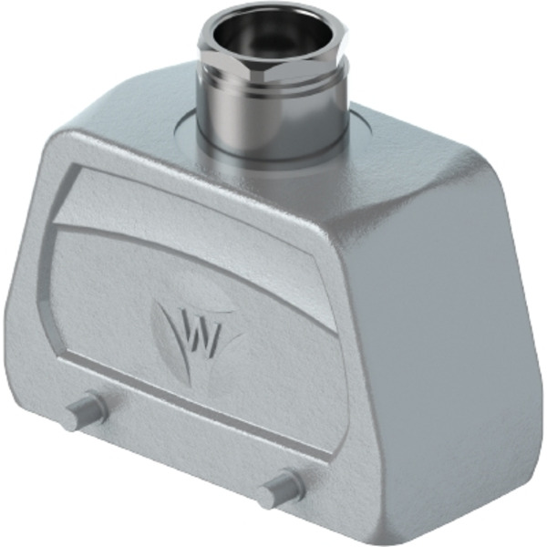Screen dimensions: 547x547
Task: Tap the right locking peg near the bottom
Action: [x=281, y=488]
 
